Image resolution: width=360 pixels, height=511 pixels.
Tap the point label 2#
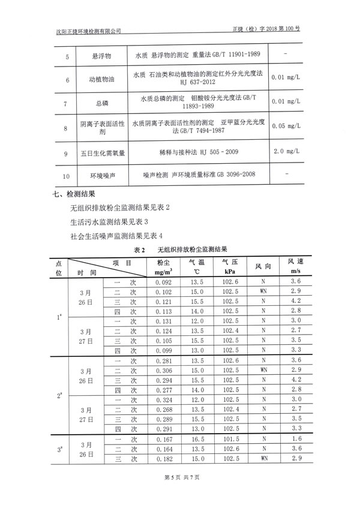[x=60, y=396]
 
